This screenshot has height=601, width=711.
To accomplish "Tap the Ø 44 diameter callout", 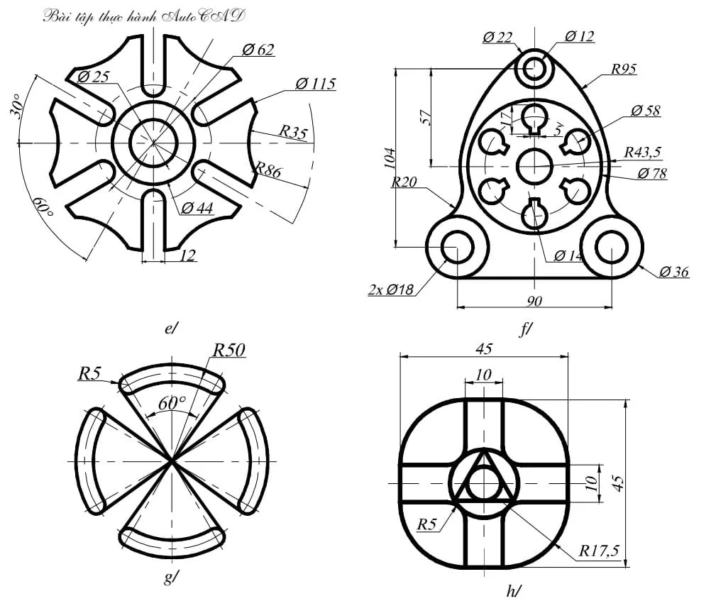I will click(x=198, y=207).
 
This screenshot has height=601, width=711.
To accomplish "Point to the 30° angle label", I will click(x=19, y=106).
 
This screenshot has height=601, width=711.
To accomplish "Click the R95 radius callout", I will click(x=624, y=70).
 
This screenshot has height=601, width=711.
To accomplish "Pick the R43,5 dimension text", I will click(x=643, y=152).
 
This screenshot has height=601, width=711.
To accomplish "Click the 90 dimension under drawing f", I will click(x=534, y=301).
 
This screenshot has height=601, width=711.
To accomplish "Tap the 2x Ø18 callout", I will click(x=391, y=290).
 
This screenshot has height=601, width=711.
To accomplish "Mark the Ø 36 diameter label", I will click(x=674, y=272).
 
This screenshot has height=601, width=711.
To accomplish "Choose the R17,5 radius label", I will click(x=600, y=550).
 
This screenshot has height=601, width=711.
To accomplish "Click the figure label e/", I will click(x=171, y=328).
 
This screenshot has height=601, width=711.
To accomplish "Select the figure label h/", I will click(x=514, y=590).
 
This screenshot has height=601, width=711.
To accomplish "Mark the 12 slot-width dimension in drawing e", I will click(x=187, y=255).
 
